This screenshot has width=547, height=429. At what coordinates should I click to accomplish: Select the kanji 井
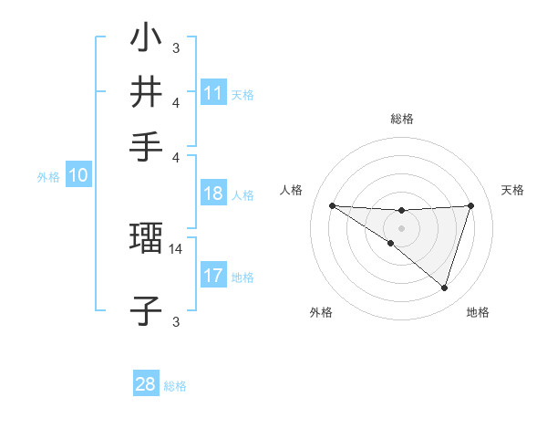coord(146,91)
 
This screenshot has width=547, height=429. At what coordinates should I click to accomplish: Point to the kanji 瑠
coord(146,239)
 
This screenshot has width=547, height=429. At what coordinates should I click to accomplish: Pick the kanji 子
coord(146,310)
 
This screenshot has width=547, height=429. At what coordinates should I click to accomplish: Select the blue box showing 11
coord(213,93)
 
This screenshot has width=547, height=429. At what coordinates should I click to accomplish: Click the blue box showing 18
coord(213,194)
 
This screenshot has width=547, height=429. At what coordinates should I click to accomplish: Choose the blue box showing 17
coord(213,276)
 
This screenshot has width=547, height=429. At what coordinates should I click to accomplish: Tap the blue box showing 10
coord(78,176)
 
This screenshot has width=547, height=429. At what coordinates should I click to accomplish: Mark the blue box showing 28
coord(146,384)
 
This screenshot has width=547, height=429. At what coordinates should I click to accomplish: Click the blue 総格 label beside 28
coord(175,386)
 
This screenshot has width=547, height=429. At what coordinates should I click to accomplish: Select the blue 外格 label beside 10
coord(48,177)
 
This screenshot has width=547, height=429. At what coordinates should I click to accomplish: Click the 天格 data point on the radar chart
coord(471,205)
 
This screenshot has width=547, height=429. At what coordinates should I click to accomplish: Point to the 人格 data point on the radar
coord(332,205)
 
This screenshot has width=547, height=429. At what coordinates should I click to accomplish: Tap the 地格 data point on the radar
coord(444,288)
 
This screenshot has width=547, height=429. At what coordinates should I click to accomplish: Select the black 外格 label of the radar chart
coord(320,313)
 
